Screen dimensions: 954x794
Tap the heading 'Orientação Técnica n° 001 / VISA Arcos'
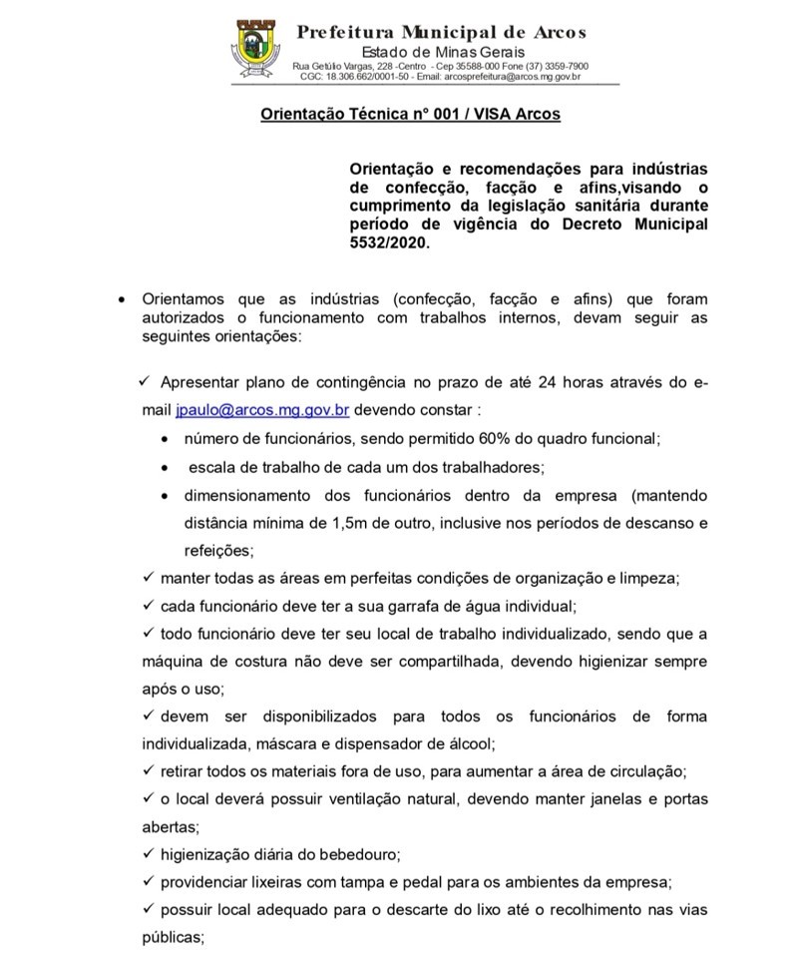click(410, 115)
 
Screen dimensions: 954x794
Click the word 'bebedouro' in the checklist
click(352, 853)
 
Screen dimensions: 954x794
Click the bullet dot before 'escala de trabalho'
click(166, 467)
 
